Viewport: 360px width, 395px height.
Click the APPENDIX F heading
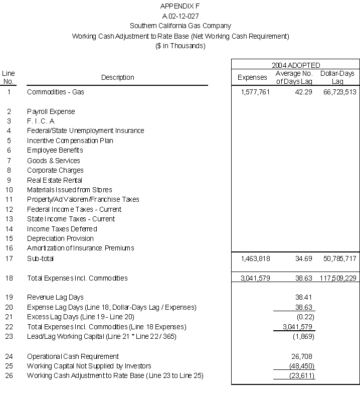point(181,6)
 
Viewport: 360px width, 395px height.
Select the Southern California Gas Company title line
point(181,26)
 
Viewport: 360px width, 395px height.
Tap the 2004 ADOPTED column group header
point(296,65)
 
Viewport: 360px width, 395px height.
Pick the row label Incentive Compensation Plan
point(70,141)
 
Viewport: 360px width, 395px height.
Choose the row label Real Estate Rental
point(55,180)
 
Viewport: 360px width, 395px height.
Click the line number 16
point(9,248)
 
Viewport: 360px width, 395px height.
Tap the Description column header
point(118,77)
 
